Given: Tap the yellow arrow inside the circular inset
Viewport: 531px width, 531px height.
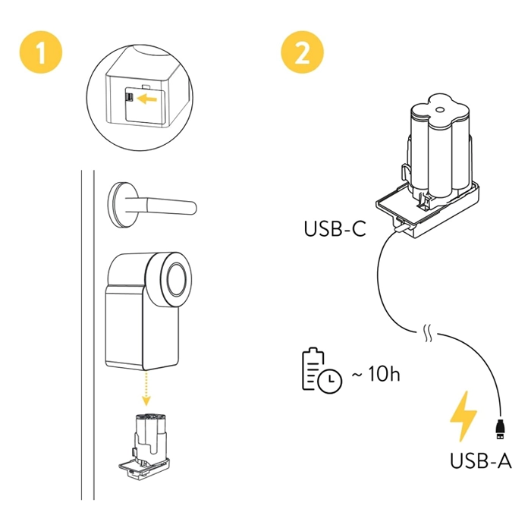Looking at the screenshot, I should point(152,98).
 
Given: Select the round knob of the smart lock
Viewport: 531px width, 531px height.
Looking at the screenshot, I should point(178,277).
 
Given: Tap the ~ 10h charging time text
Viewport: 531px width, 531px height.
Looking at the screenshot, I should point(374,375).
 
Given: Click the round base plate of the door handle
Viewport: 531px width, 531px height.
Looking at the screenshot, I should point(119,203).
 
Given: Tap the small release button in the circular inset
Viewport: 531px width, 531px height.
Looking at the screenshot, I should point(130,98).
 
